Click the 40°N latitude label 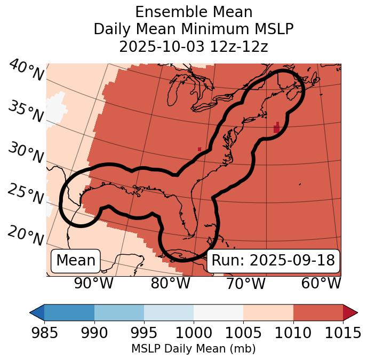point(26,71)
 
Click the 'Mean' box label point(76,261)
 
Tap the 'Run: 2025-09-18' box point(273,261)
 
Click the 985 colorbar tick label point(44,333)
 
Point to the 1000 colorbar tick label point(194,333)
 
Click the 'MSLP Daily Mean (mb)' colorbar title point(193,349)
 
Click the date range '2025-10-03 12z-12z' point(193,46)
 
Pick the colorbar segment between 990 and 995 point(119,312)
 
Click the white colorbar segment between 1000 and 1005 point(218,312)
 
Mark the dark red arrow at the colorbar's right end point(350,312)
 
